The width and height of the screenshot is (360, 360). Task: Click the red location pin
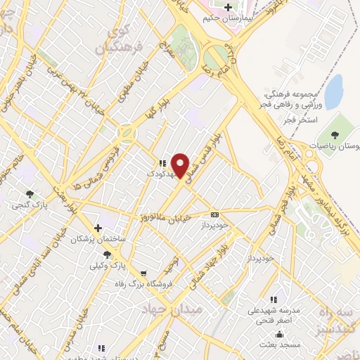click(181, 166)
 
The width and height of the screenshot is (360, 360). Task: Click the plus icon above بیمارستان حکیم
click(227, 8)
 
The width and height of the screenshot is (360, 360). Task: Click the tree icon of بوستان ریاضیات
click(333, 134)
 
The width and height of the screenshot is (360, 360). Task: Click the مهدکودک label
click(160, 173)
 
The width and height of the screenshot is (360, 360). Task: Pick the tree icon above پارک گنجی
click(29, 193)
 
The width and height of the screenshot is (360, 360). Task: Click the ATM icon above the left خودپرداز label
click(214, 214)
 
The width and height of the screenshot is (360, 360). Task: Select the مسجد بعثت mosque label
click(279, 345)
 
